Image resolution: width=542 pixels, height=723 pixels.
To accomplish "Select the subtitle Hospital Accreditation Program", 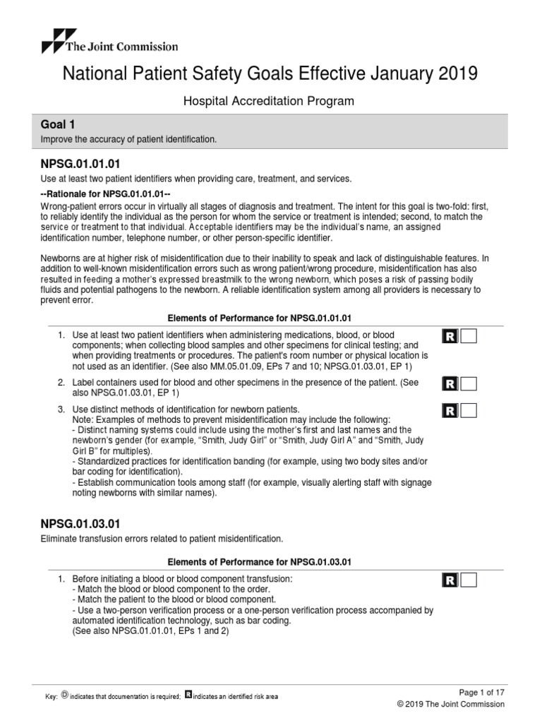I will (x=269, y=102).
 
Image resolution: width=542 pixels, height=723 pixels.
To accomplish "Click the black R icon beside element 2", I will (x=450, y=384).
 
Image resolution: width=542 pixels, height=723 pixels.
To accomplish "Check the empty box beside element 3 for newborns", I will (x=467, y=410).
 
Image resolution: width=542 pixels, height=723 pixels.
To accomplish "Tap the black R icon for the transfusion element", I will (x=450, y=580).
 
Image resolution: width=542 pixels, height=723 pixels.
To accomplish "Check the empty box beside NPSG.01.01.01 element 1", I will (x=467, y=336).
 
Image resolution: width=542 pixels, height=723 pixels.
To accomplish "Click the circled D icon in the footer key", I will (x=66, y=696).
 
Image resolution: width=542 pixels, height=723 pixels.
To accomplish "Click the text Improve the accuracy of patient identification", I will (x=130, y=140).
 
